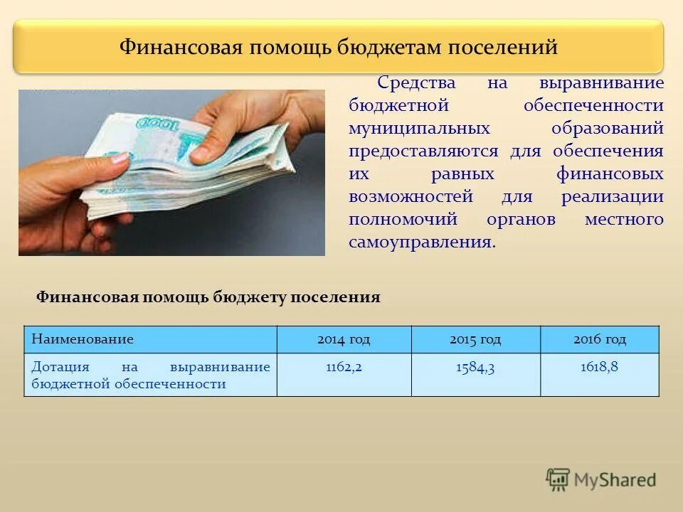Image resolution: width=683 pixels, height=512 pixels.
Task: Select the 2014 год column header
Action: [x=344, y=339]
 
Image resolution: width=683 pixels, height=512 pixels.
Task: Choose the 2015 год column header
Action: [x=475, y=339]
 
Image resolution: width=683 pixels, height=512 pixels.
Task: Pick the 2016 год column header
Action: [x=600, y=339]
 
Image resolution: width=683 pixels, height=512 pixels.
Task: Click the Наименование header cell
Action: [x=83, y=339]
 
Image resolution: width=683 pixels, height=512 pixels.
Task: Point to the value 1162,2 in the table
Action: [x=344, y=368]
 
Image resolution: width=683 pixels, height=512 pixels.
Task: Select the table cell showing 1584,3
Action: [x=475, y=368]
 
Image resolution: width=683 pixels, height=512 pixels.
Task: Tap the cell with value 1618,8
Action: [x=600, y=368]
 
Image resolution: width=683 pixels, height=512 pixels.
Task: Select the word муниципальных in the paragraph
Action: [x=419, y=129]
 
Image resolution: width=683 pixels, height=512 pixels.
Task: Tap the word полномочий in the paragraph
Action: [x=403, y=220]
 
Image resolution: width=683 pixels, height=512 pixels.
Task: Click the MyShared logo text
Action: [x=615, y=480]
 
